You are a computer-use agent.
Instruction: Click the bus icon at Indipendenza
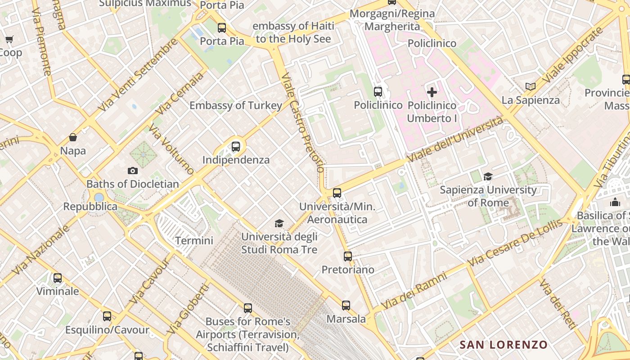[235, 147]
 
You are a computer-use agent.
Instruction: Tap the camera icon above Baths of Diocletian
[132, 171]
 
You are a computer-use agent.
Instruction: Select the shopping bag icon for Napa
[73, 137]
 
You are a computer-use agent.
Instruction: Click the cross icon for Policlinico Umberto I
[432, 92]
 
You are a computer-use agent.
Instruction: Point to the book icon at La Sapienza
[531, 86]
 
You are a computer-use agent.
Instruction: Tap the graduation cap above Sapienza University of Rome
[488, 176]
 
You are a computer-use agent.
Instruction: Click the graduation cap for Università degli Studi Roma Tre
[279, 223]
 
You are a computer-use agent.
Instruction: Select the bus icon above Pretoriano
[348, 256]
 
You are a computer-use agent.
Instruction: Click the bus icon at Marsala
[346, 306]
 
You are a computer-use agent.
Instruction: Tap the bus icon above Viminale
[58, 278]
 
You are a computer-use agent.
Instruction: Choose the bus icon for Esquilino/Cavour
[107, 316]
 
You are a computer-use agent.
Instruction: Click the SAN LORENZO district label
[504, 345]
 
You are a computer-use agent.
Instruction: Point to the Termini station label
[194, 241]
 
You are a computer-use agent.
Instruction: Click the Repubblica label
[90, 207]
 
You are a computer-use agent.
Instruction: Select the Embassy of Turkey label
[236, 106]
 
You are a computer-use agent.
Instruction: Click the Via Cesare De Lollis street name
[515, 243]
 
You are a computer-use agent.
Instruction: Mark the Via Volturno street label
[171, 150]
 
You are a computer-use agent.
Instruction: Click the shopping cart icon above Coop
[9, 40]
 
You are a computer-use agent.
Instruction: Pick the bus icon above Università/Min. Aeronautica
[337, 193]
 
